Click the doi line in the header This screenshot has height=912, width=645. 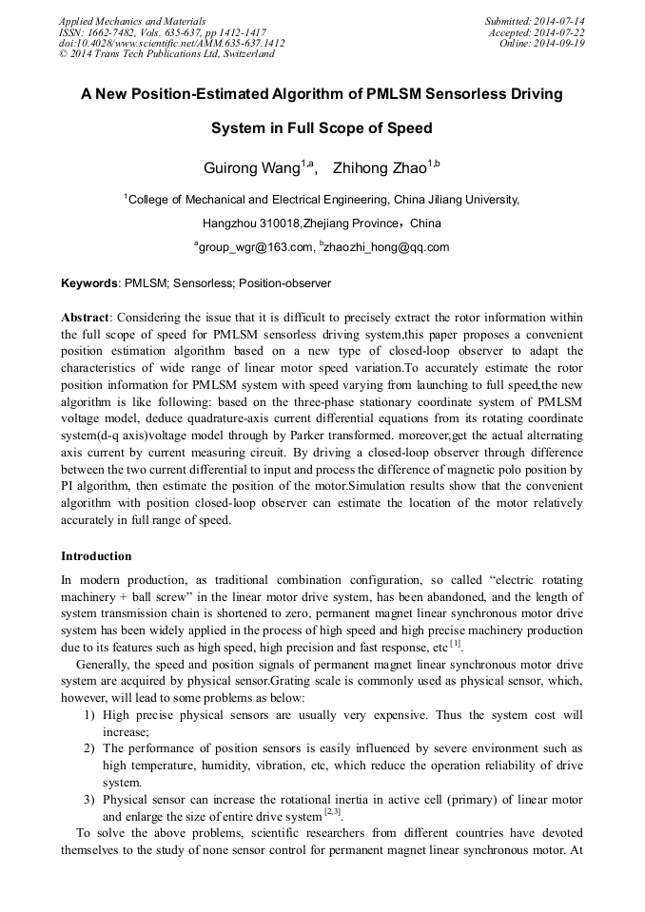171,43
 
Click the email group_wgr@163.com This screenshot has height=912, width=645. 256,248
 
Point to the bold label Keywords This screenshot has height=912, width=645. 89,283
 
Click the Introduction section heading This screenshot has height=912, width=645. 96,556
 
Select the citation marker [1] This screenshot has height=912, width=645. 455,644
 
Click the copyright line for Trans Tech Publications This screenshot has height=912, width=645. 166,54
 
